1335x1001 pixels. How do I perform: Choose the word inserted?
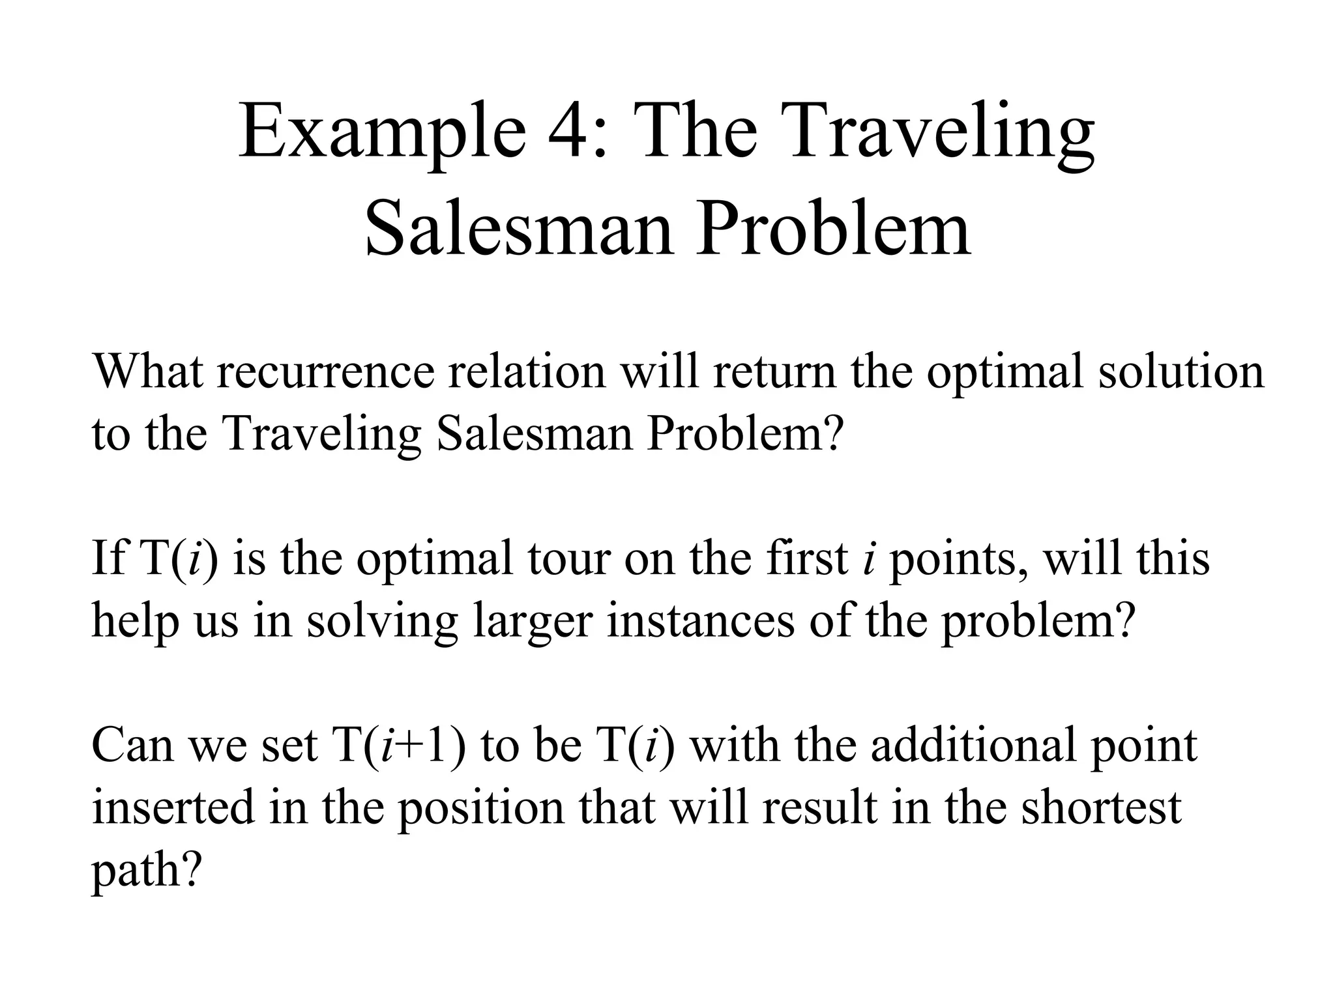(173, 807)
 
